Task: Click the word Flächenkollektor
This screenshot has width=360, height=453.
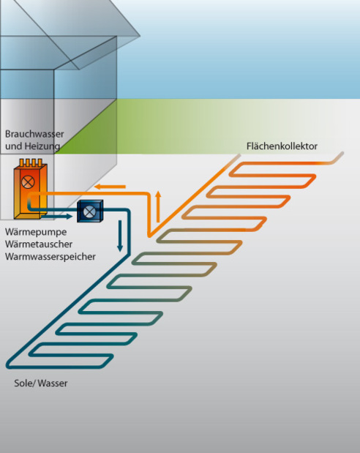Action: coord(282,146)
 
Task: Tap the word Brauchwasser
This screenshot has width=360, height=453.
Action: coord(34,134)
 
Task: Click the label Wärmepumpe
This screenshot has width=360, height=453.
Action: coord(36,232)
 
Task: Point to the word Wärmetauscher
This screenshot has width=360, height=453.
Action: coord(39,244)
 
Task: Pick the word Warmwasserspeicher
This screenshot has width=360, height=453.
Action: coord(50,257)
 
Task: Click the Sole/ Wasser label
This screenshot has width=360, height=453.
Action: coord(41,383)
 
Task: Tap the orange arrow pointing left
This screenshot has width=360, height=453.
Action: coord(110,187)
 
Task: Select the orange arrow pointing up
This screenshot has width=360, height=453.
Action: coord(158,206)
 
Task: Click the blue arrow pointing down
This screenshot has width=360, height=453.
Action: coord(120,236)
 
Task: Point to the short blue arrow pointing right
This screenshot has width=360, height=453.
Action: coord(56,216)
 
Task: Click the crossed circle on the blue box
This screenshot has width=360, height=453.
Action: coord(89,211)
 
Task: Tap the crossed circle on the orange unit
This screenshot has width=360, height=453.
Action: coord(28,182)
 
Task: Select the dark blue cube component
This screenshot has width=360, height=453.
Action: coord(90,211)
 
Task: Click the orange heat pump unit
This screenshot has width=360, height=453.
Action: coord(30,190)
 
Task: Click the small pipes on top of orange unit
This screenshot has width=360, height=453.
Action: coord(31,162)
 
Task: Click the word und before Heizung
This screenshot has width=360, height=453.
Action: coord(13,146)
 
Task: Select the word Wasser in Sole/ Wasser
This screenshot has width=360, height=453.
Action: coord(53,383)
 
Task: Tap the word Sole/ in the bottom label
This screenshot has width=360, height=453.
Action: coord(25,383)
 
